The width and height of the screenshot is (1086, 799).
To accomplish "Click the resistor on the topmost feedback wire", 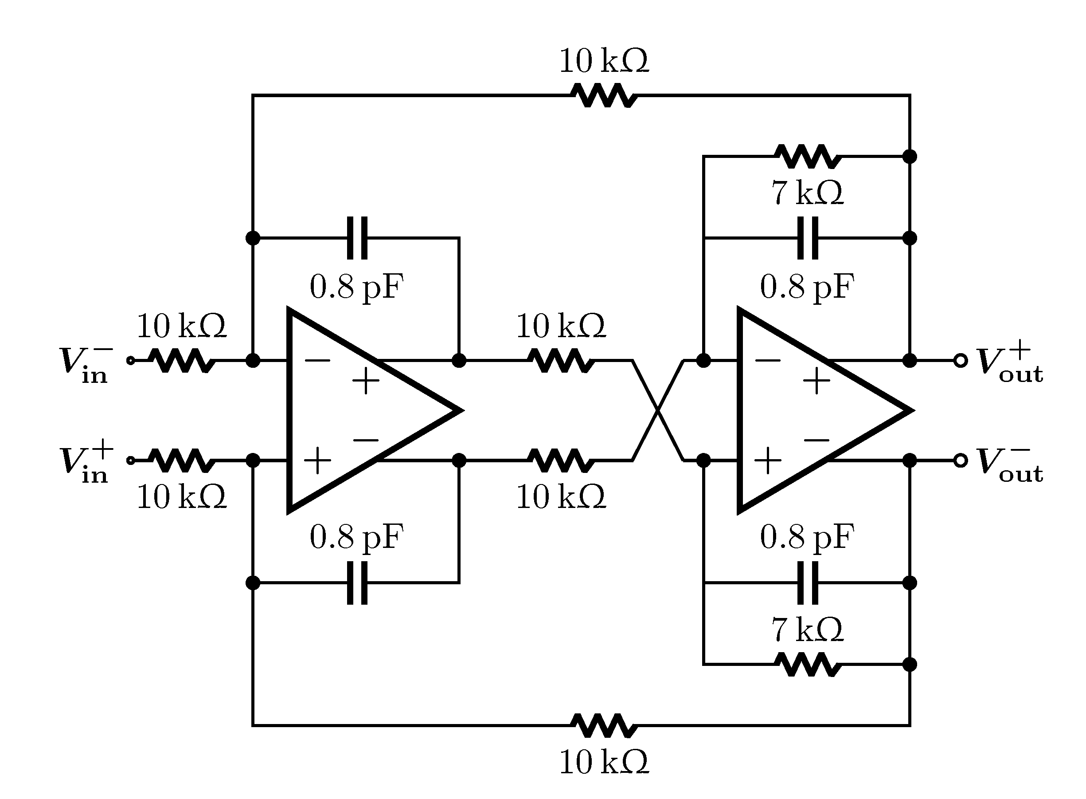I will click(604, 95).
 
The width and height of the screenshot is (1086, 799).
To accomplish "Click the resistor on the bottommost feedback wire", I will click(604, 725).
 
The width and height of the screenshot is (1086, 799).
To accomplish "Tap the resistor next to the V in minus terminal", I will click(181, 360).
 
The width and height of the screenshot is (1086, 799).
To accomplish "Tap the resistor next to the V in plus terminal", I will click(181, 460).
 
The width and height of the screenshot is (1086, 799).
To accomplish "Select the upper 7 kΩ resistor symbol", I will click(808, 156).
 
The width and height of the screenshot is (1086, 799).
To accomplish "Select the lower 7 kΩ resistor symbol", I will click(808, 665).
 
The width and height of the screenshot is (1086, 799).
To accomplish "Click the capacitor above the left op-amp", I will click(357, 238).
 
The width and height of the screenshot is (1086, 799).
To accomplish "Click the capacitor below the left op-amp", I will click(357, 583).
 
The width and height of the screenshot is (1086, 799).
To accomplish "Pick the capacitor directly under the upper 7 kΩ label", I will click(808, 238).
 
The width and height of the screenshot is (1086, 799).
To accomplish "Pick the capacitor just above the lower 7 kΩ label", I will click(808, 583).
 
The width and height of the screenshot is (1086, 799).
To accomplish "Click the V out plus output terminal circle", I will click(961, 360).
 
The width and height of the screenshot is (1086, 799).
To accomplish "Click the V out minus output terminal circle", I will click(961, 460).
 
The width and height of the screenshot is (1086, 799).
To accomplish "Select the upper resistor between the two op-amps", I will click(561, 360).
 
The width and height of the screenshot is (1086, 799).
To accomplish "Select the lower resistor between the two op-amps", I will click(561, 460).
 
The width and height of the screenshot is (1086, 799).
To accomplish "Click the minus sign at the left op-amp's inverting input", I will click(317, 360).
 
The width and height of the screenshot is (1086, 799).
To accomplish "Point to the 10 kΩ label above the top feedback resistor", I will click(604, 61).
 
